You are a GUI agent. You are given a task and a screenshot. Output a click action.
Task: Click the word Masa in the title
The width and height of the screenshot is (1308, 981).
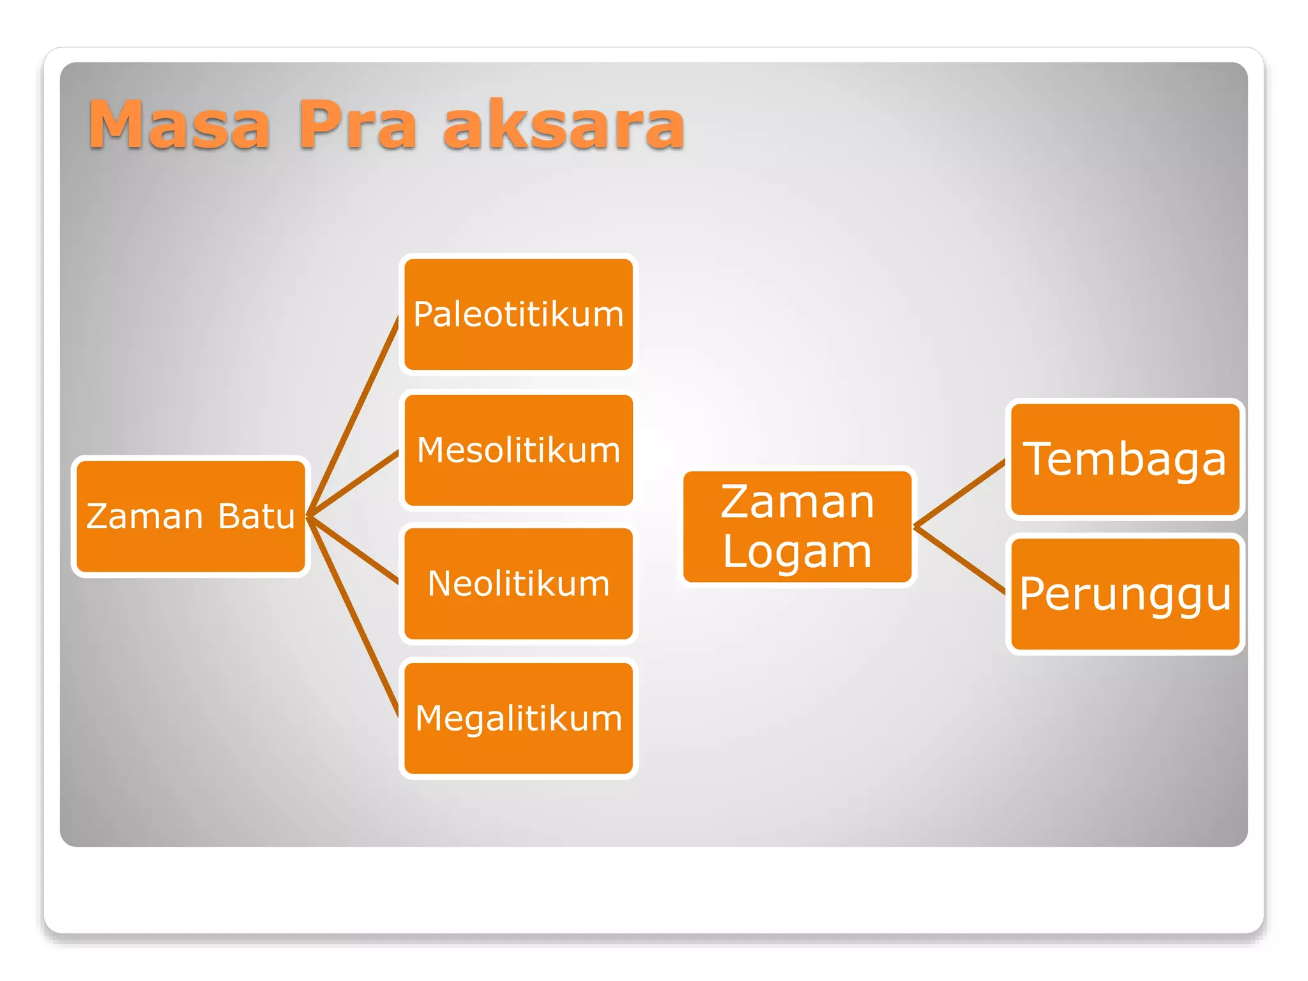pos(179,125)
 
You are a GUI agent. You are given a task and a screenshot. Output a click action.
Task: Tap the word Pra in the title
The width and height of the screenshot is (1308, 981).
pos(358,125)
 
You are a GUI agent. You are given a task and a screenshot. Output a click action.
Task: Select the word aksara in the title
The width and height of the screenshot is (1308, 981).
pos(564,125)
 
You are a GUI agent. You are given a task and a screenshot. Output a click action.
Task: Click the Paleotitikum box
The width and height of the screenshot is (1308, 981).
pos(518,314)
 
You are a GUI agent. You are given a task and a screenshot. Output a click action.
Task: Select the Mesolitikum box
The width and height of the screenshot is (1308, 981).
pos(518,450)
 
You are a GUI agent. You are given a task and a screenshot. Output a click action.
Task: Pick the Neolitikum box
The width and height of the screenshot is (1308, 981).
pos(518,583)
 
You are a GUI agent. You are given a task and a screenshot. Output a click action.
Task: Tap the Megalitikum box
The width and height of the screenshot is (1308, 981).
pos(518,718)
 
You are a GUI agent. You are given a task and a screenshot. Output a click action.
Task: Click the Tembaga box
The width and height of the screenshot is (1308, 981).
pos(1125,459)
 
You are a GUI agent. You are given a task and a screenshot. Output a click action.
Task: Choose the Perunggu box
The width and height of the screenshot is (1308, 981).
pos(1125,593)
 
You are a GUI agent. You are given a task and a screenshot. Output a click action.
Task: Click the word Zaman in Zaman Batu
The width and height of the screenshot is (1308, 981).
pos(145,516)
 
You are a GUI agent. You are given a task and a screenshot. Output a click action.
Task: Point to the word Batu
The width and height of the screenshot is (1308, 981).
pos(255,516)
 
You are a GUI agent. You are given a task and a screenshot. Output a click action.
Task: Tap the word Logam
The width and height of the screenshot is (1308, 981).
pos(797,552)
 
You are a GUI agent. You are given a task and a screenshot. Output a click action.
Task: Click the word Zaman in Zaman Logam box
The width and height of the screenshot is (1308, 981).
pos(797,502)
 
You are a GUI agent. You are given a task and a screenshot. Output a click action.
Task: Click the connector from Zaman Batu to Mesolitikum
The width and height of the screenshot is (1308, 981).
pos(353,483)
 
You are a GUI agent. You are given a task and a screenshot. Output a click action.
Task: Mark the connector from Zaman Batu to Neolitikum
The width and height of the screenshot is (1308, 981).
pos(353,549)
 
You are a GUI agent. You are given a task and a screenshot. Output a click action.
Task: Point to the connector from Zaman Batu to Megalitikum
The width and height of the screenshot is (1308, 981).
pos(353,616)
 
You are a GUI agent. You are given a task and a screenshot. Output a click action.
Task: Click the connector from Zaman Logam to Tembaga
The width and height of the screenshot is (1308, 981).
pos(960,493)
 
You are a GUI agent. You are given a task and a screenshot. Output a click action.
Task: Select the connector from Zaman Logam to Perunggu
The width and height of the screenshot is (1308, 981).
pos(960,560)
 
